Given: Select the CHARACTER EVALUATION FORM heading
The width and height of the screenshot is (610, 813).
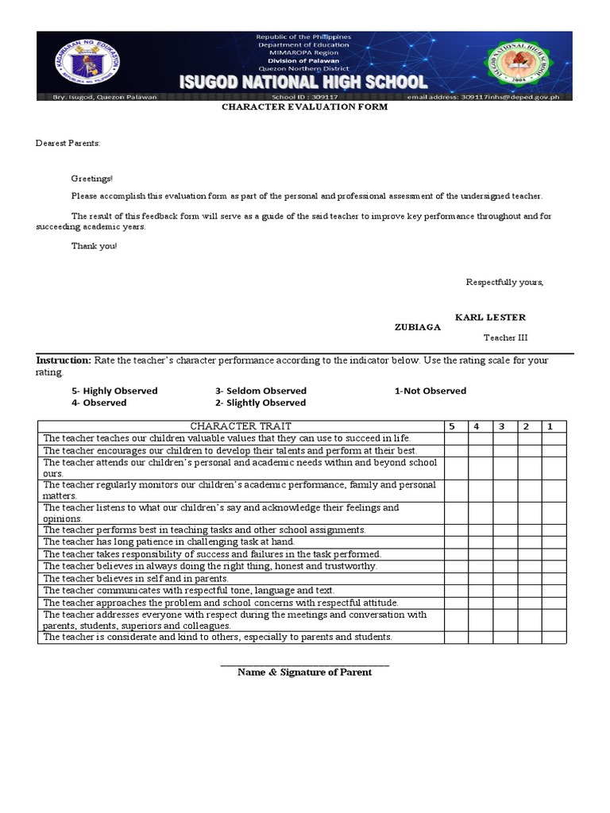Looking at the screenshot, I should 304,106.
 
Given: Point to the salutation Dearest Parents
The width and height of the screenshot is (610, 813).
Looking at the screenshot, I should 68,143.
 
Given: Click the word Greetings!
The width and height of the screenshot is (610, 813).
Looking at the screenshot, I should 92,179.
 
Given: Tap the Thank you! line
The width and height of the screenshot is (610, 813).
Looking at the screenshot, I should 94,246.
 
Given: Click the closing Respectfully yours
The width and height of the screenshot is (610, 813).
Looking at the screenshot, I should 504,283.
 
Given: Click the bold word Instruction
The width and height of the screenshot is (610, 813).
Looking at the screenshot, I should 64,360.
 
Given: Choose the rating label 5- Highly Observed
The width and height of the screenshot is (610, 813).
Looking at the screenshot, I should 114,391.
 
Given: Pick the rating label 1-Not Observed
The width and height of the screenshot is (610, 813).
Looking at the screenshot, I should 430,391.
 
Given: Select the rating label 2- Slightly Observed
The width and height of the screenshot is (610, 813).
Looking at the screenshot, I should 260,403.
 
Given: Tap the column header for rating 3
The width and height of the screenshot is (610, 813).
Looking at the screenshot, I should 502,426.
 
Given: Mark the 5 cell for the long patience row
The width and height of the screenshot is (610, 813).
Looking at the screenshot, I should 455,541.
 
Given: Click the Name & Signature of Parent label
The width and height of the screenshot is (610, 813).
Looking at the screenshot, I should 304,672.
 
